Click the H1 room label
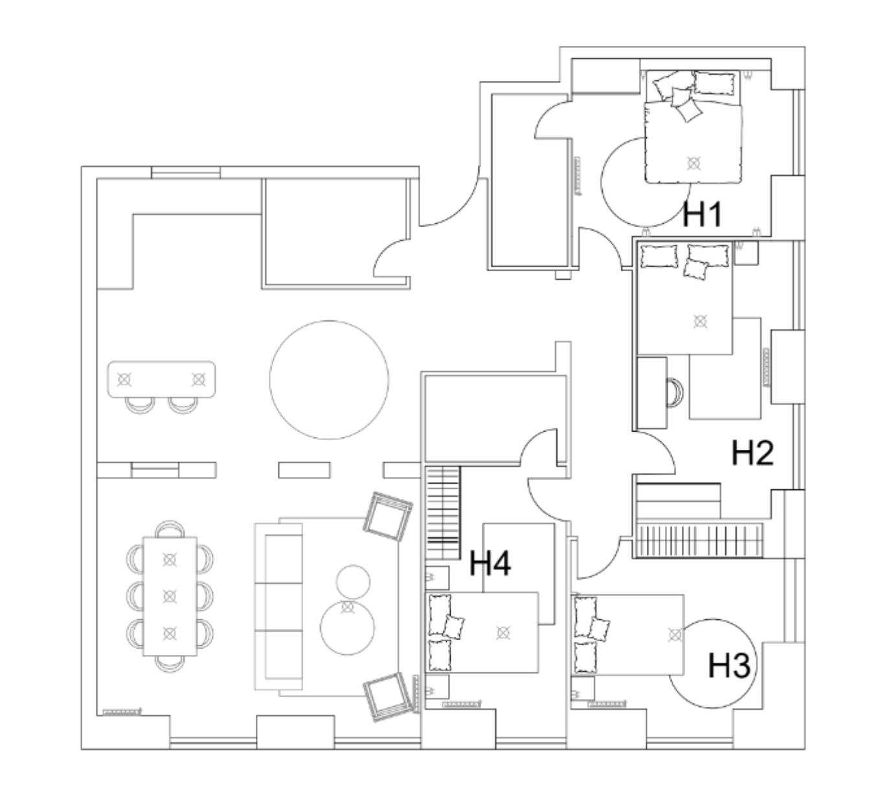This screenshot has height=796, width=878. click(702, 214)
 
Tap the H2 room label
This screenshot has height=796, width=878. click(752, 453)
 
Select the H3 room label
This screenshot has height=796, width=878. click(728, 666)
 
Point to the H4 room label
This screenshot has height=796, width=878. click(490, 563)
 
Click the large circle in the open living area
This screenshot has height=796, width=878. click(329, 380)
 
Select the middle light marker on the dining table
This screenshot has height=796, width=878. click(170, 595)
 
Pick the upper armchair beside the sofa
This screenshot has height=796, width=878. click(388, 515)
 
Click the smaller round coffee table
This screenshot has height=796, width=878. click(354, 580)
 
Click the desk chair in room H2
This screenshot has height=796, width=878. click(675, 392)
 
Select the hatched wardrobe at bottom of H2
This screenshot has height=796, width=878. click(699, 540)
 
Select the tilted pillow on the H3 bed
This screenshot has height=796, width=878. click(600, 628)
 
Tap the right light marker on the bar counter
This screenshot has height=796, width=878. click(198, 379)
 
